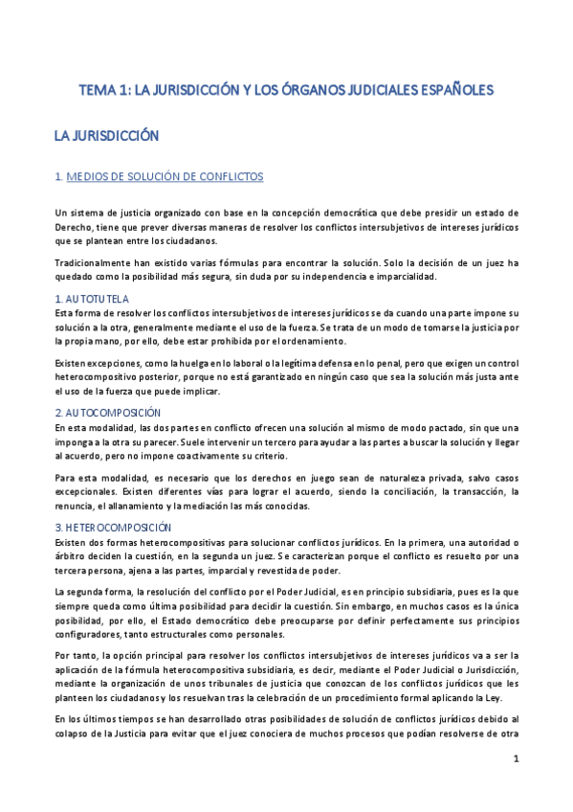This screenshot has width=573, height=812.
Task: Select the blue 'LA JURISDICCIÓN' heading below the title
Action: coord(105,137)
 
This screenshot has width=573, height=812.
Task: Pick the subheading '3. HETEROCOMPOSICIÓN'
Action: coord(113,527)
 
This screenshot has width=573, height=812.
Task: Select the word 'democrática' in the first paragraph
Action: coord(348,213)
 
